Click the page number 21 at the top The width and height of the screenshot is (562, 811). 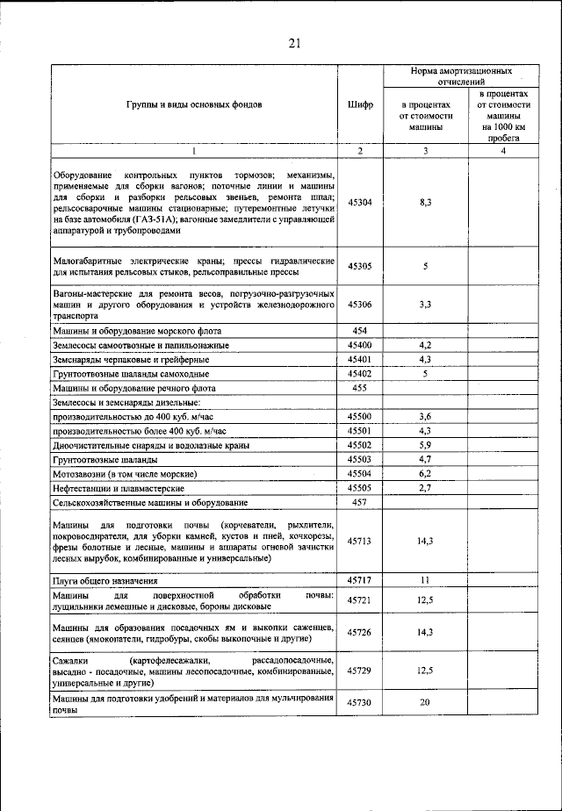coord(293,43)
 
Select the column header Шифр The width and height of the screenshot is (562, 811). coord(360,104)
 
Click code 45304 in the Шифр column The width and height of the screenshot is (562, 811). coord(360,202)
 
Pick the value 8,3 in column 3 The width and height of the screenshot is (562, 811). coord(424,202)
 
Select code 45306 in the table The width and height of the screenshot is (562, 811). coord(360,305)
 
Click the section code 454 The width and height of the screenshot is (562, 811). coord(360,331)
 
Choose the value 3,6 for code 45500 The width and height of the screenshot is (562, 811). coord(424,416)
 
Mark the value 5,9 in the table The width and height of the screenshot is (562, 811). coord(424,445)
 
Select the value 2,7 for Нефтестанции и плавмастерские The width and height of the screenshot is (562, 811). coord(424,487)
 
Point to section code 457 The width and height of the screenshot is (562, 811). coord(360,502)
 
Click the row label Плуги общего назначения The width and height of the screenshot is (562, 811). coord(104,581)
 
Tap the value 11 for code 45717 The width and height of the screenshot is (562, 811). coord(424,581)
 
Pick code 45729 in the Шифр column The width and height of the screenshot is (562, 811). coord(360,670)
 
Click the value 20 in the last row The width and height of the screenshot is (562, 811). coord(424,703)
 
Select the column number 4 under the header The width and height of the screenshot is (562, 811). coord(503,151)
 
